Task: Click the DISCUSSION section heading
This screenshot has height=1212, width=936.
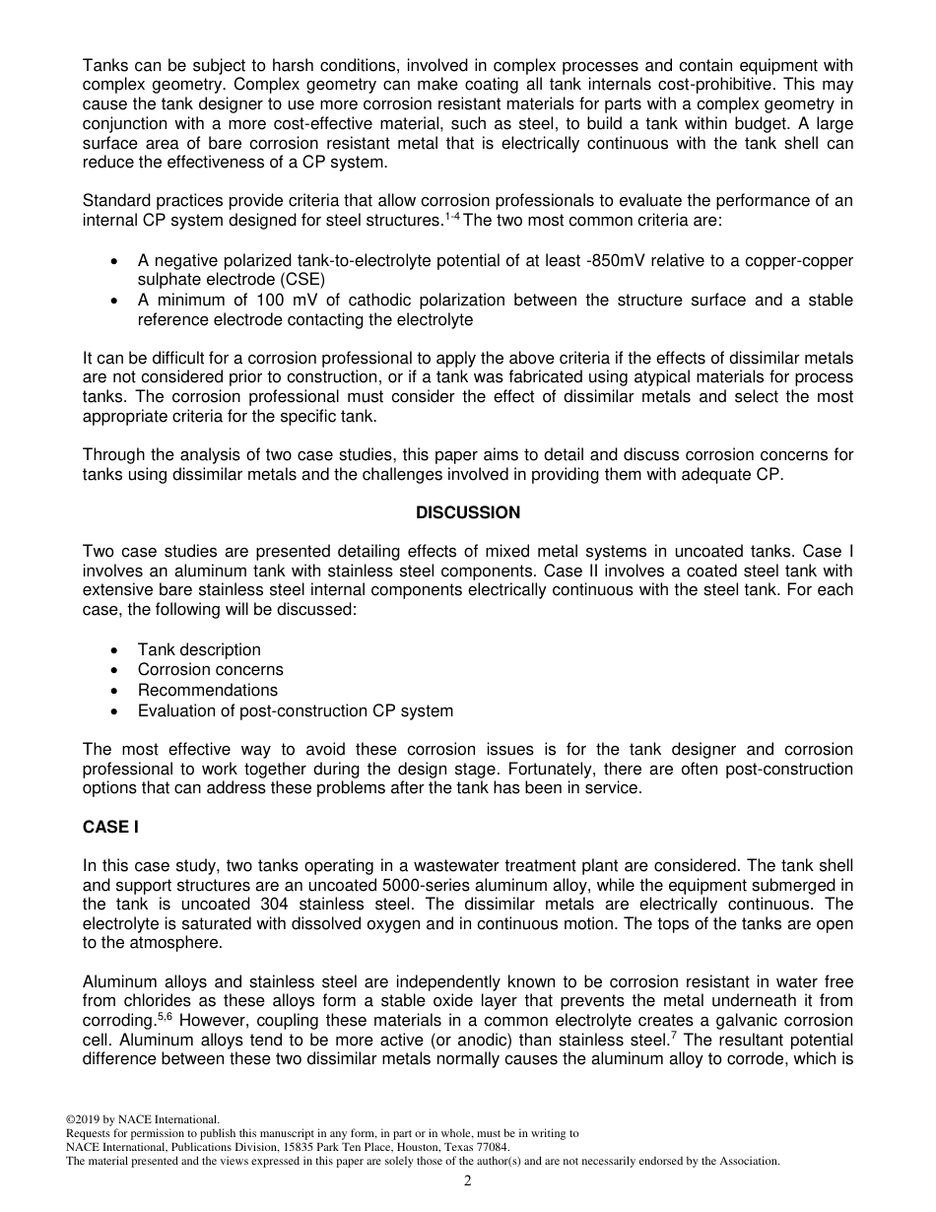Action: coord(468,512)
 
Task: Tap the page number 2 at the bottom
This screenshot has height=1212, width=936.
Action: coord(468,1181)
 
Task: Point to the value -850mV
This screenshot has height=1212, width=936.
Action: coord(582,260)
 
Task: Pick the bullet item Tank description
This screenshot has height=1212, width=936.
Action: coord(199,649)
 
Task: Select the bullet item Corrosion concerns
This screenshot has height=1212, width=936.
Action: coord(210,670)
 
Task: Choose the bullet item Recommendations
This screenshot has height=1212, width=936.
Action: coord(207,690)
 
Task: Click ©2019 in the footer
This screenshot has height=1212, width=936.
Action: coord(84,1119)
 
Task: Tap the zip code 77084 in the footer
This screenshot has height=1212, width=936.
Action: coord(492,1147)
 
